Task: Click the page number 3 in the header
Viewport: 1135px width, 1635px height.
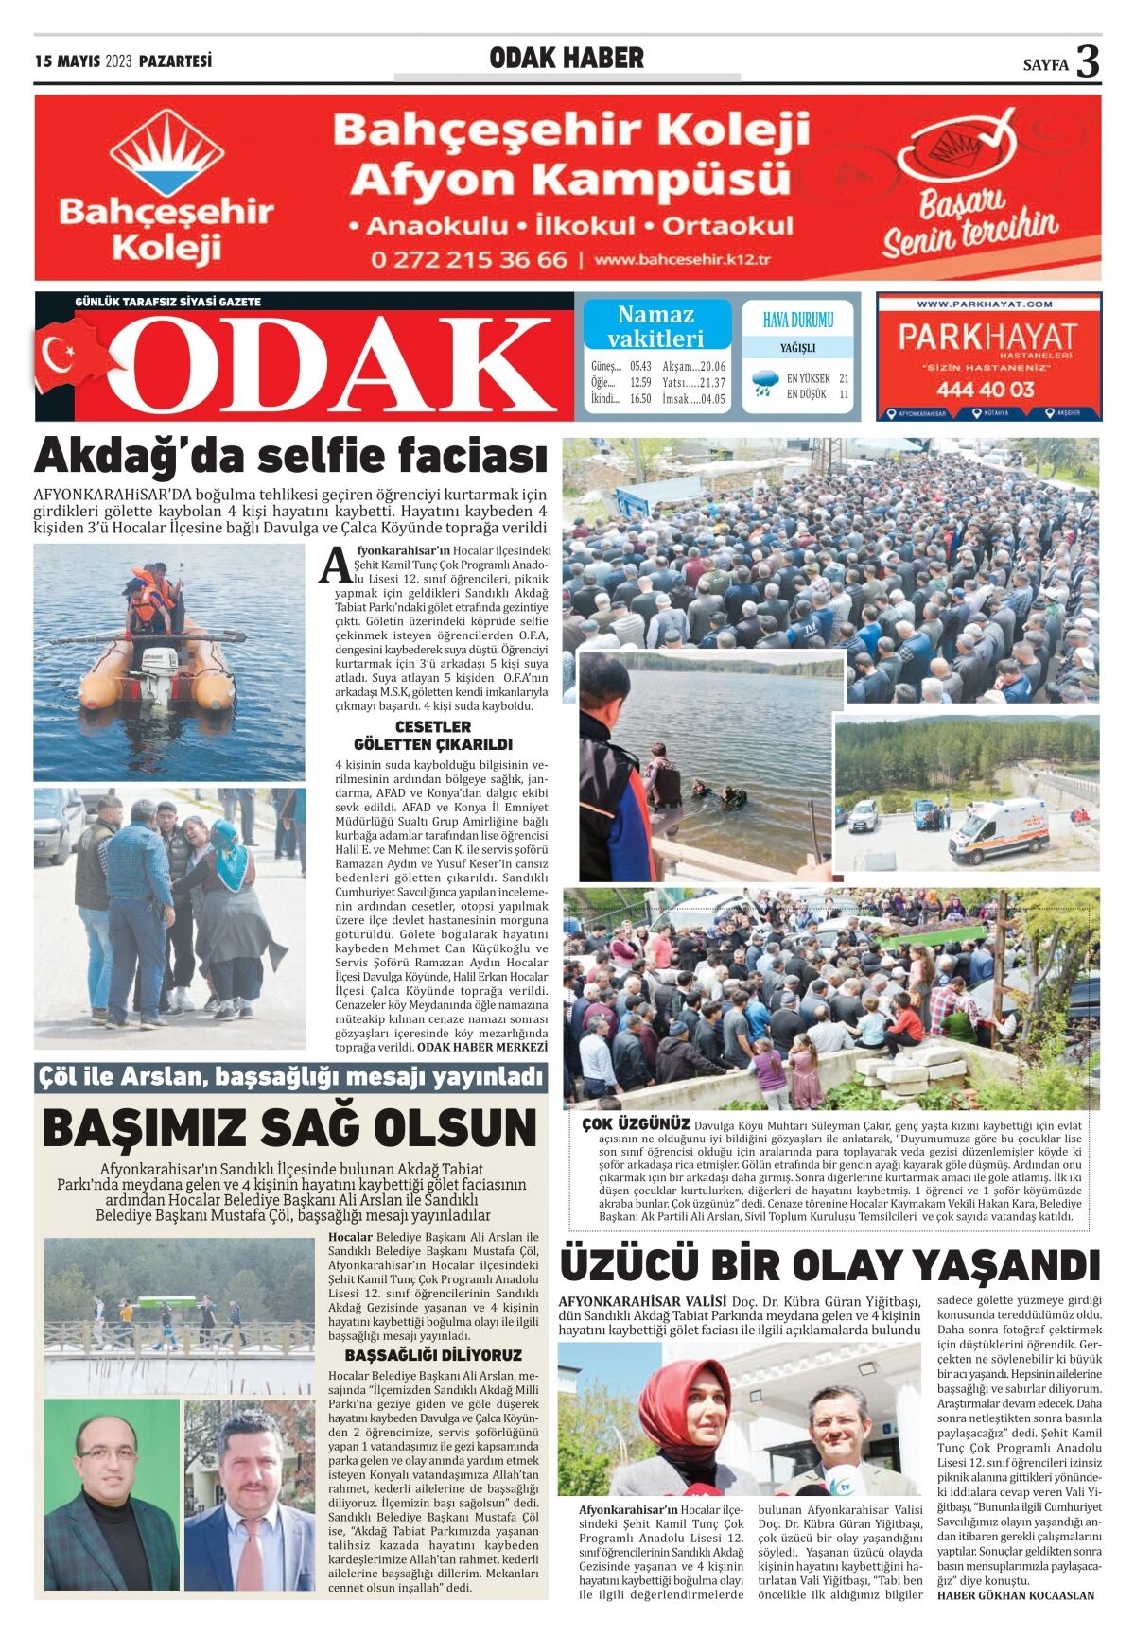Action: click(1089, 62)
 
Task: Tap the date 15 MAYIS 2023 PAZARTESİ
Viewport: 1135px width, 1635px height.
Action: click(123, 61)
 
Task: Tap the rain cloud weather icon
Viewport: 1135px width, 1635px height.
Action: click(761, 384)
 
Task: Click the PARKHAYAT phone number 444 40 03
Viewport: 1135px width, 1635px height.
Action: click(986, 389)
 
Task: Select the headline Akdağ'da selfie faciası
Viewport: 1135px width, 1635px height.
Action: click(290, 457)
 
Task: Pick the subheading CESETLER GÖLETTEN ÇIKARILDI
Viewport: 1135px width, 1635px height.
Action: click(433, 735)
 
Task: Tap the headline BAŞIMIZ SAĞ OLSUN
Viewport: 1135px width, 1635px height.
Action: click(289, 1127)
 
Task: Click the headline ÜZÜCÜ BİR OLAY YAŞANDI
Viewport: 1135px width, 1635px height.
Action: click(829, 1264)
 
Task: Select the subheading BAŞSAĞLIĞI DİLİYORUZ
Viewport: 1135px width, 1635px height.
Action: click(433, 1355)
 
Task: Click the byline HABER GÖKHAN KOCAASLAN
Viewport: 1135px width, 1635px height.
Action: click(1015, 1595)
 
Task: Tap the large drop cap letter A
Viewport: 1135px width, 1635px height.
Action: click(335, 565)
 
